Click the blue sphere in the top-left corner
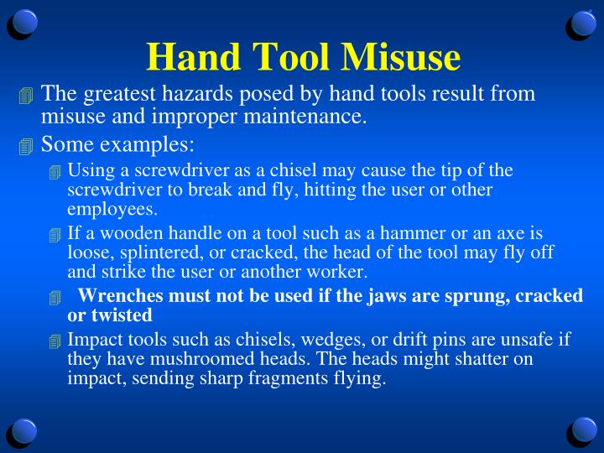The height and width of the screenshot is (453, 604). point(23,23)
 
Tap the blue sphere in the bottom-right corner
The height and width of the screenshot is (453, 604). point(581,431)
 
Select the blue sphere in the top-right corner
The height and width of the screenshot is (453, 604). point(581,23)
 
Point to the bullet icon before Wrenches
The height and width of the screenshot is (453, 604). point(55,298)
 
